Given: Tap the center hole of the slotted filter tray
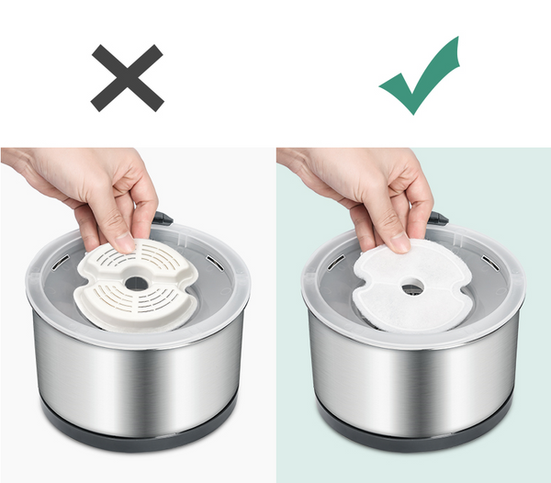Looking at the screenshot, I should coord(136,283).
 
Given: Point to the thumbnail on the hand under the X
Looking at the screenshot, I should coord(122,241).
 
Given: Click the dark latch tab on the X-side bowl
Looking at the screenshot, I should coord(163,219).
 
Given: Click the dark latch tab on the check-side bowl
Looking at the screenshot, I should coord(438,219).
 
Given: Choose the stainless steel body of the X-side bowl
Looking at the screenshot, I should coord(138,376).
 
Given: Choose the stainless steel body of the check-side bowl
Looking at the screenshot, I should coord(413,376).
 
